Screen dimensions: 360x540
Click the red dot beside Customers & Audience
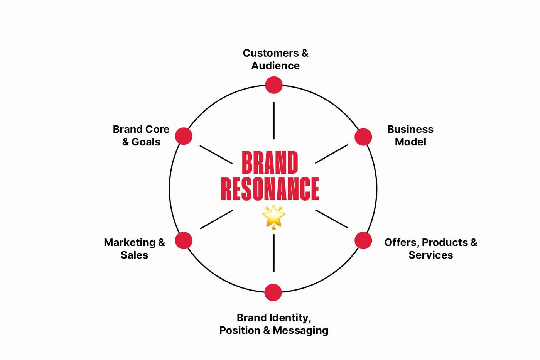(x=274, y=85)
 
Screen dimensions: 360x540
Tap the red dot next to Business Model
(x=363, y=137)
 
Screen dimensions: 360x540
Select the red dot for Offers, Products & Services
(x=363, y=240)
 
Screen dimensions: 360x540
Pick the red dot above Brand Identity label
(x=273, y=292)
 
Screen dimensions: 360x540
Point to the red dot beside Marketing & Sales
(x=184, y=240)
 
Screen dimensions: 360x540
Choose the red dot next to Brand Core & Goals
(x=184, y=136)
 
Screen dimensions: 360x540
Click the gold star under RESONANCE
(x=273, y=216)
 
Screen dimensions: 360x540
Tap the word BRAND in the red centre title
(x=270, y=163)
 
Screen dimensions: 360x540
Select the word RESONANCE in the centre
(x=270, y=189)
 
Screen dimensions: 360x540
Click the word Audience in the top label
(x=275, y=66)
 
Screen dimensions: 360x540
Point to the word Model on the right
(x=410, y=142)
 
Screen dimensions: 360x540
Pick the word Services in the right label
(x=430, y=255)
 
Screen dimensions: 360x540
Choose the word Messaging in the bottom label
(x=300, y=331)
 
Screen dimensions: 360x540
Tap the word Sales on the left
(x=134, y=255)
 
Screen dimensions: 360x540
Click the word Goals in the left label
(x=146, y=142)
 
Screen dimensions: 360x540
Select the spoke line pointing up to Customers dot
(x=274, y=120)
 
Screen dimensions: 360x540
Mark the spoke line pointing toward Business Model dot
(x=331, y=154)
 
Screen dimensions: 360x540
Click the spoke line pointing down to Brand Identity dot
(x=274, y=253)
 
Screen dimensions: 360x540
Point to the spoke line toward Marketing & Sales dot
(x=216, y=220)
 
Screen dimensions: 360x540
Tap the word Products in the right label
(x=445, y=242)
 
